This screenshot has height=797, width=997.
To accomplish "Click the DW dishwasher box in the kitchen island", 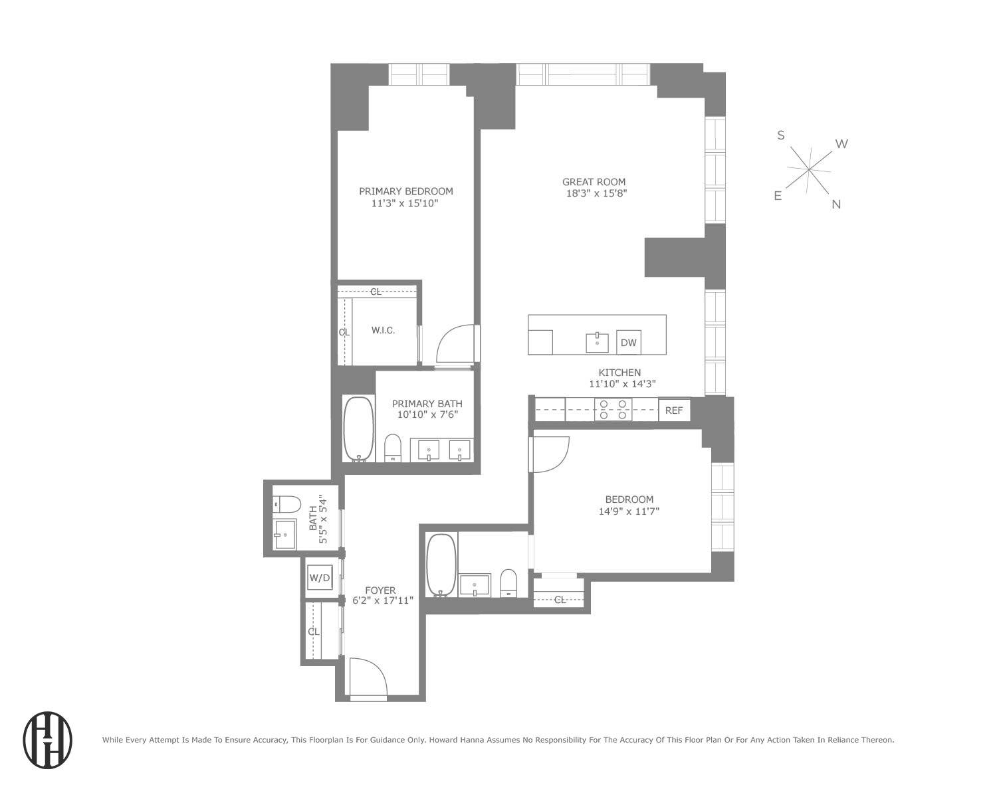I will click(628, 343).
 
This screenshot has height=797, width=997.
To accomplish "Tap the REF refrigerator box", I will click(674, 410).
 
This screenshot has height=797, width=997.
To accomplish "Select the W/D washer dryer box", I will click(319, 578).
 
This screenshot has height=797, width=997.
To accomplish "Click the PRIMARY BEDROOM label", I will click(405, 191).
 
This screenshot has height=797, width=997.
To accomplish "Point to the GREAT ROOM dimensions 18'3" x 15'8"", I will click(594, 193).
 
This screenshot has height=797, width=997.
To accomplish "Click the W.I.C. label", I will click(383, 330).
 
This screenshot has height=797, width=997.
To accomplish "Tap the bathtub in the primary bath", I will click(358, 429).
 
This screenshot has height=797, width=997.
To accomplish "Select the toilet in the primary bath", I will click(393, 447).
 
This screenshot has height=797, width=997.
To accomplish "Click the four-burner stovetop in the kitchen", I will click(613, 409).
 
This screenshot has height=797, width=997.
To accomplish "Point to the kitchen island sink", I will click(597, 343).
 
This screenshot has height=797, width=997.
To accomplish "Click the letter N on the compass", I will click(836, 205).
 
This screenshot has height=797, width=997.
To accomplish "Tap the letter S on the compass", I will click(781, 135).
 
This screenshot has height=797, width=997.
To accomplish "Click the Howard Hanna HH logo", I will click(48, 741).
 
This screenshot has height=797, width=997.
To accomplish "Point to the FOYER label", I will click(380, 590).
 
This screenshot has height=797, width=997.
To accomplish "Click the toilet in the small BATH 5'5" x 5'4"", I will click(286, 504).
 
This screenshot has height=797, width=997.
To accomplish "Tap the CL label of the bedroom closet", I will click(560, 600).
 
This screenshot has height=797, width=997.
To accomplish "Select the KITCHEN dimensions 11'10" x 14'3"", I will click(622, 384).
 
